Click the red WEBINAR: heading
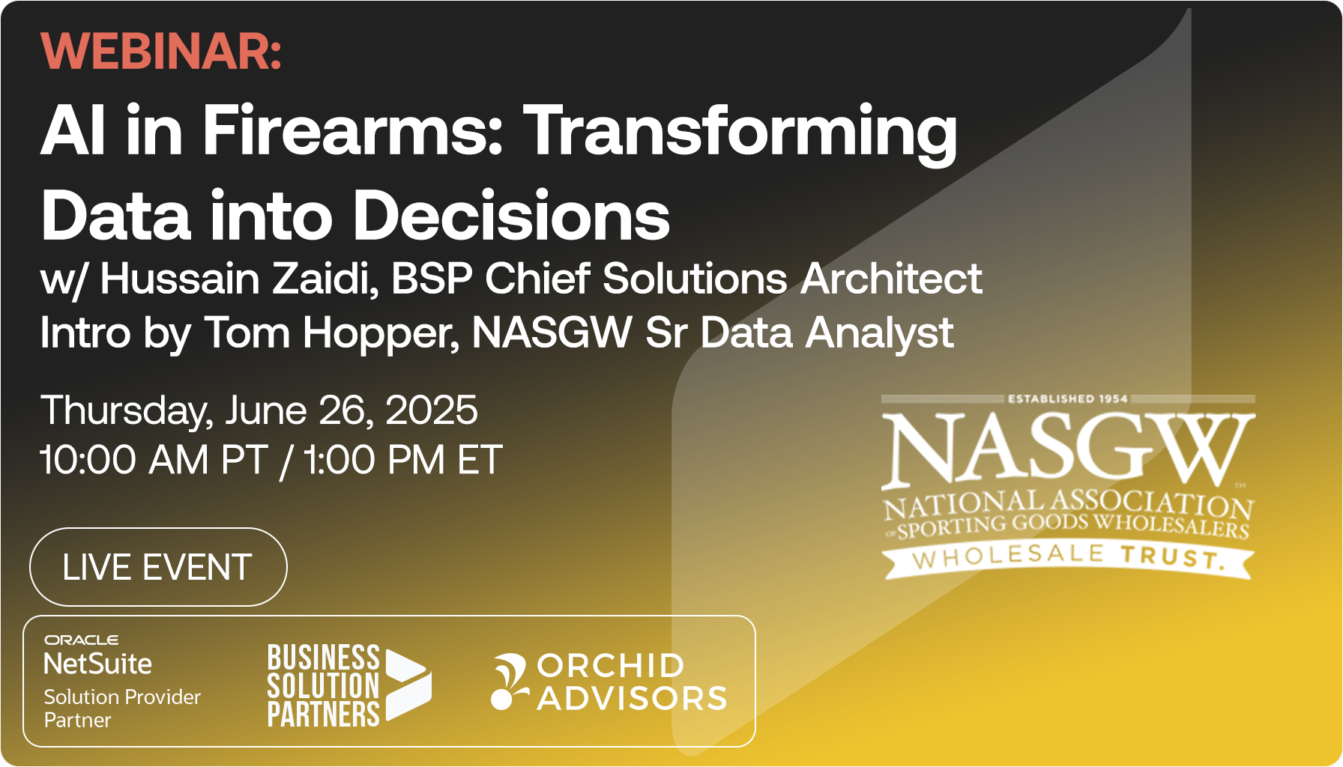pos(161,52)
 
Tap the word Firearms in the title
pos(352,130)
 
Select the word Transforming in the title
pos(740,132)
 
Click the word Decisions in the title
pos(511,216)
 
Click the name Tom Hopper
pos(331,333)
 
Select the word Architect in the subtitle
pos(891,279)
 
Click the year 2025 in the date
pos(431,410)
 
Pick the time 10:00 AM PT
pos(154,460)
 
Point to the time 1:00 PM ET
pos(402,460)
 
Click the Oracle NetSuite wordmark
pos(97,656)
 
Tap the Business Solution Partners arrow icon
pos(408,685)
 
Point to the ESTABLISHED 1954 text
pos(1067,399)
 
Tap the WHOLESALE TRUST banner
pos(1067,558)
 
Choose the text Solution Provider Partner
pos(121,708)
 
